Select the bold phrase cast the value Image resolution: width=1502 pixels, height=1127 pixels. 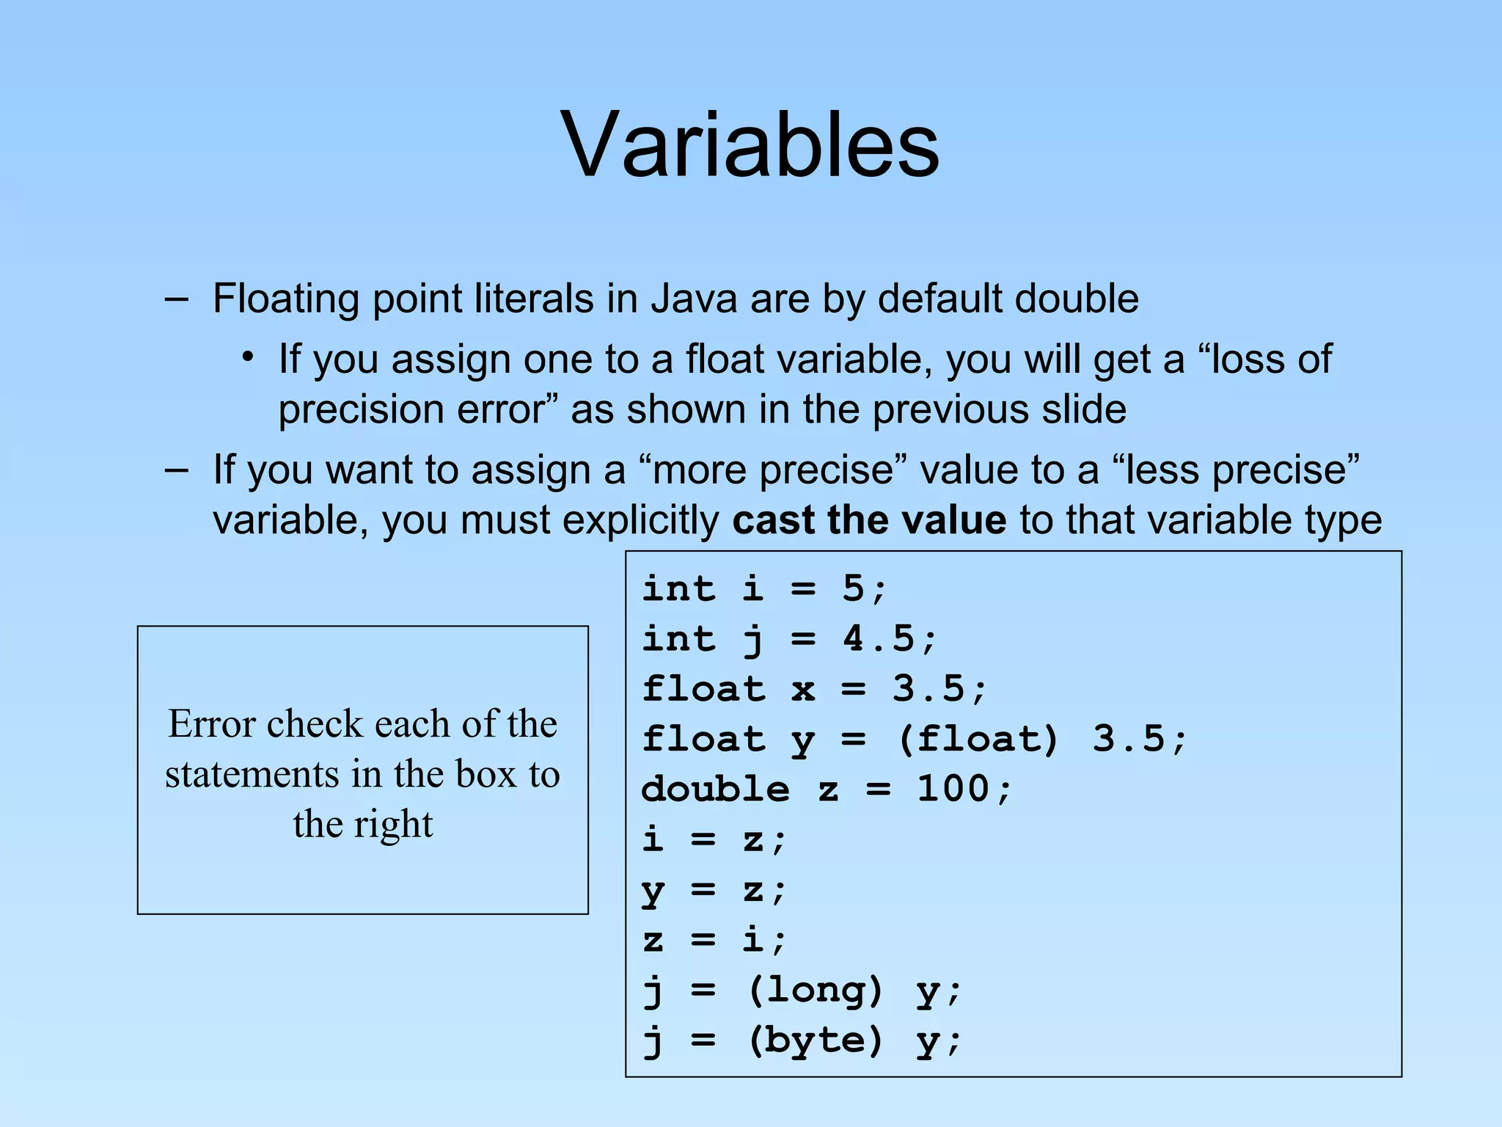(868, 520)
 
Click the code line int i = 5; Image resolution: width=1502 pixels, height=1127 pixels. (764, 588)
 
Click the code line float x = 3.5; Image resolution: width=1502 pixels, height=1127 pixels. (814, 689)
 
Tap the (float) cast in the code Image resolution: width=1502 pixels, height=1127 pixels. (978, 739)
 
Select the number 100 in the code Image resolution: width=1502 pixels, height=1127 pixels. (953, 789)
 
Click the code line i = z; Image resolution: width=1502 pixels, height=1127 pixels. (714, 839)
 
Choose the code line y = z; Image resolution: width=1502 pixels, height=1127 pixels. (714, 890)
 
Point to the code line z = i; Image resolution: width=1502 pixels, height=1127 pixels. (714, 940)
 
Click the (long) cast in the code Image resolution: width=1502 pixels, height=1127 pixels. (814, 991)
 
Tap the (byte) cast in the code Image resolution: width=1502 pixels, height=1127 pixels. (814, 1040)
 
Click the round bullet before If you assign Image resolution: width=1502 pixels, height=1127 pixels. (249, 357)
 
